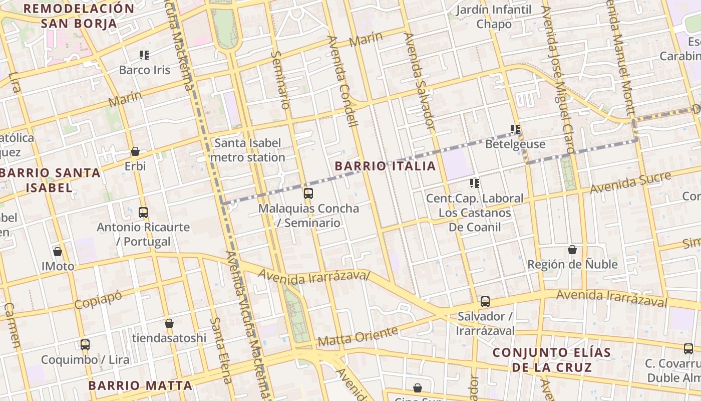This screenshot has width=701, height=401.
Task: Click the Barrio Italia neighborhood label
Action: [385, 166]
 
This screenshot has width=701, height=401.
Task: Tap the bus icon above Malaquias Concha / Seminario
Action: [308, 193]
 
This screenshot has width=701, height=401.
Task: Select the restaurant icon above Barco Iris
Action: [144, 55]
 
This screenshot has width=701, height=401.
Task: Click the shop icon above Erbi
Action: [135, 151]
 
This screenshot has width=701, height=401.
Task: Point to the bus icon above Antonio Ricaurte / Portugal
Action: [143, 213]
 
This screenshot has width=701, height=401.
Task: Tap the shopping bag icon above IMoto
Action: [58, 252]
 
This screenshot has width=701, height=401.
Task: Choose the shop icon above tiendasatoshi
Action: [169, 324]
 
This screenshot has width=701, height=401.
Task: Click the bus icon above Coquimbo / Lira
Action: [85, 345]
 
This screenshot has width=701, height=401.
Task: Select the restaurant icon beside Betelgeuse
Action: [515, 130]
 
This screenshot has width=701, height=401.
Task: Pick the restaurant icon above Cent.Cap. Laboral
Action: [475, 183]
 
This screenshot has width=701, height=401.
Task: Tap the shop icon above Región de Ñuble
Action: [572, 250]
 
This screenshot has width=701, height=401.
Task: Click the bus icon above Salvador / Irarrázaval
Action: [485, 302]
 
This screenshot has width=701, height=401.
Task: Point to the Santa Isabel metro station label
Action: [247, 150]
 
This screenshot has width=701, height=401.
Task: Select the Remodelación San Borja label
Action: [79, 16]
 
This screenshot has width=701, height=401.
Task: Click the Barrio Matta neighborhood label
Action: [140, 385]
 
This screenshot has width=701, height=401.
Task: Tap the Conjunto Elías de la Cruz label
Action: [551, 359]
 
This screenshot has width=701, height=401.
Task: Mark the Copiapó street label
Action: [98, 299]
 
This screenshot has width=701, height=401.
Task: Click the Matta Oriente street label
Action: [358, 336]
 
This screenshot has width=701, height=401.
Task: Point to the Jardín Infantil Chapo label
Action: [494, 17]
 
